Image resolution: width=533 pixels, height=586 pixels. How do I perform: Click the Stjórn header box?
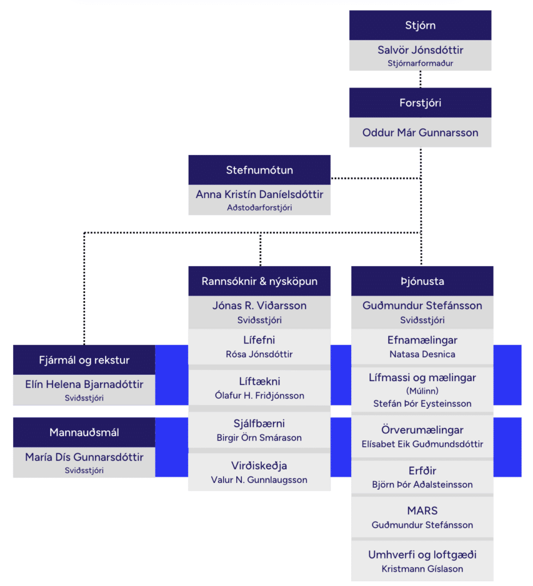(x=420, y=25)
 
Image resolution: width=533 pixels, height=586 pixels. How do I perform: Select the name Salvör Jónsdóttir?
(x=420, y=50)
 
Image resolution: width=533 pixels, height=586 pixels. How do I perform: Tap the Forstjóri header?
(x=420, y=103)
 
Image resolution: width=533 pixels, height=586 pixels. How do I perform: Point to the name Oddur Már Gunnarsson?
(x=420, y=133)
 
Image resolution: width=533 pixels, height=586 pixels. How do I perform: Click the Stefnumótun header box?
(x=259, y=170)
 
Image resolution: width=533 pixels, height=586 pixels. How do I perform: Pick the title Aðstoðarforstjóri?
(x=259, y=207)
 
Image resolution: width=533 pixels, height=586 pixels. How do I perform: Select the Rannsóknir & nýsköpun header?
(x=259, y=281)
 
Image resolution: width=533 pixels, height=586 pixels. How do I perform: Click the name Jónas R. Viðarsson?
(x=259, y=306)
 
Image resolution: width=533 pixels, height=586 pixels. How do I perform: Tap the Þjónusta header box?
(x=422, y=281)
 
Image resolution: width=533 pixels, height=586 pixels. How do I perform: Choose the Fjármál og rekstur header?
(x=84, y=360)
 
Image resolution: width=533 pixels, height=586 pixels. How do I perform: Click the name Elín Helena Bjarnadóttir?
(x=84, y=384)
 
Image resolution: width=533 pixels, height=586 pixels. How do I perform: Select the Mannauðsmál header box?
(x=84, y=433)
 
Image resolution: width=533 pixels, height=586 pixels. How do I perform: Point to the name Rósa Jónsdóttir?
(x=259, y=354)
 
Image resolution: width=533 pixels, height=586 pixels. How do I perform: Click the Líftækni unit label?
(x=259, y=381)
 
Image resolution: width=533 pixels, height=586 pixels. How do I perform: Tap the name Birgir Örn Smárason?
(x=259, y=438)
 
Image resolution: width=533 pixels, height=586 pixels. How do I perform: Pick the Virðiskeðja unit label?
(x=259, y=466)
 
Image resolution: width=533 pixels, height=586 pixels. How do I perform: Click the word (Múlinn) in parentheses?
(x=422, y=391)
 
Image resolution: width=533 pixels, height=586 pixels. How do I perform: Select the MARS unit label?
(x=422, y=510)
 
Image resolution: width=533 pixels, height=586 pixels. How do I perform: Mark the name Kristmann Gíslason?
(x=422, y=569)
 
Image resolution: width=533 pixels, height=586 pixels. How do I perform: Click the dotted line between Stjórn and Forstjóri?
(x=420, y=79)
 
